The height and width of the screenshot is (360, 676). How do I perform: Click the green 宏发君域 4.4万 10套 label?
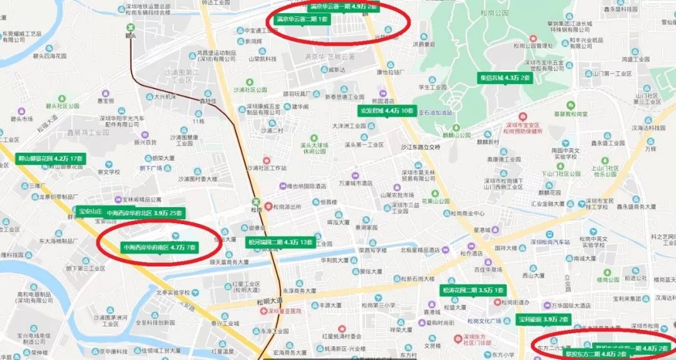[386, 111]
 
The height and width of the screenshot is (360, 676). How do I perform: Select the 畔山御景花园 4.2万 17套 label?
[51, 158]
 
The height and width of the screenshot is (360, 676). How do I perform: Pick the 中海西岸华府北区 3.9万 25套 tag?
[145, 213]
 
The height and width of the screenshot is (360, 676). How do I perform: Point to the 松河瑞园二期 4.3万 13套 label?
[280, 242]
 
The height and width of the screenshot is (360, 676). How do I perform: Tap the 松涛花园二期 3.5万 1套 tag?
[473, 290]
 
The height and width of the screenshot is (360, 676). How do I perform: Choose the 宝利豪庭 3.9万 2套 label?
[543, 319]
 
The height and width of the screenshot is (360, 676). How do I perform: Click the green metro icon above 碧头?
[131, 27]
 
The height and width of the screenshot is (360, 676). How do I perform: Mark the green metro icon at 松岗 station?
[255, 202]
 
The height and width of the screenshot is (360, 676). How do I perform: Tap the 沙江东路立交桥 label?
[420, 147]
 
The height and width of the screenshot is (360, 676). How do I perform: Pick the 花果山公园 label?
[436, 201]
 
